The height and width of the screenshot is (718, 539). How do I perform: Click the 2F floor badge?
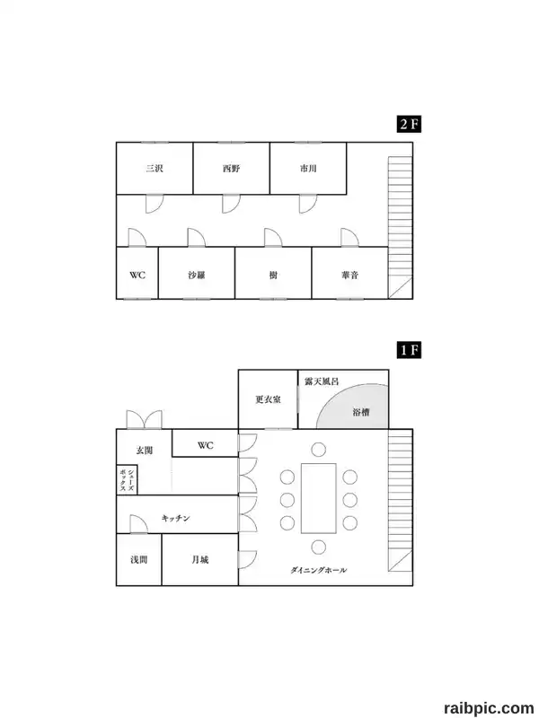coord(409,124)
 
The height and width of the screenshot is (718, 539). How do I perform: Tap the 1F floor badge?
coord(409,350)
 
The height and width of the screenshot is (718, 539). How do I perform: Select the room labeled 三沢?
coord(155,168)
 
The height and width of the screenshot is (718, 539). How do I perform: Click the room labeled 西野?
coord(232,168)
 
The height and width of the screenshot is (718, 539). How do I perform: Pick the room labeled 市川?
coord(308,168)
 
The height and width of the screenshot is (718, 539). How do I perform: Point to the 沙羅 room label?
coord(197,276)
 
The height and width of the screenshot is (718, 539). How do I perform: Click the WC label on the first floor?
coord(206,445)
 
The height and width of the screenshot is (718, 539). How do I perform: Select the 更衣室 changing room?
coord(268,399)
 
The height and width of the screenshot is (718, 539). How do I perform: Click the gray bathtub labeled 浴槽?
coord(352,407)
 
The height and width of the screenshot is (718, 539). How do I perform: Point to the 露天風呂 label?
coord(322,381)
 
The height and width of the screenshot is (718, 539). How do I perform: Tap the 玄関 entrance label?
coord(145,451)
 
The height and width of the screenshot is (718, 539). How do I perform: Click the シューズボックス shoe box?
coord(127,480)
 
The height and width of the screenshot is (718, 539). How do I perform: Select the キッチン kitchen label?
coord(175,518)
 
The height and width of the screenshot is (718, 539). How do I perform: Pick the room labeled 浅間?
coord(139,559)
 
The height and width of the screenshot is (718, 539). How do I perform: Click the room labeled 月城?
coord(200,559)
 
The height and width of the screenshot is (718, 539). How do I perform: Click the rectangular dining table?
coord(319,498)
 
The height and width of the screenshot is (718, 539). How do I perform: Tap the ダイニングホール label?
coord(319,570)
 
